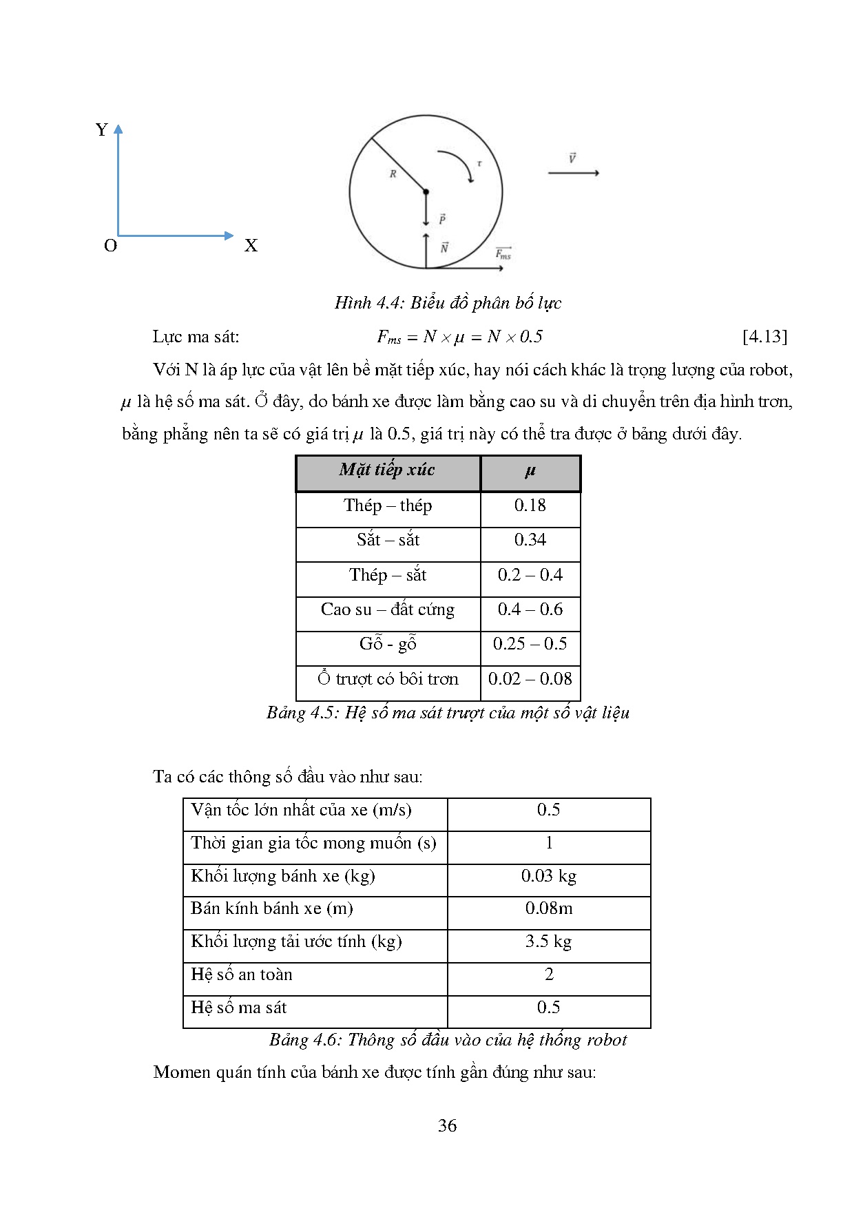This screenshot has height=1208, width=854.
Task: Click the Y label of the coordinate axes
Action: pos(102,130)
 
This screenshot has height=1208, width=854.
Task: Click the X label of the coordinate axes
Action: pos(251,246)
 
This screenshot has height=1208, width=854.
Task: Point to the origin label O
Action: pos(110,246)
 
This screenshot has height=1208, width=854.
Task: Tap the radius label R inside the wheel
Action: pos(393,174)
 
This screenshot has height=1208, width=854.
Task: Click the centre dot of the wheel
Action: pos(426,191)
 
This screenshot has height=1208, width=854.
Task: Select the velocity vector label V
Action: pos(572,158)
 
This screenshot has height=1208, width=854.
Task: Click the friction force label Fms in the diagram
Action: pos(503,253)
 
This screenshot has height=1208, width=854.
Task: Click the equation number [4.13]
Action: pos(764,337)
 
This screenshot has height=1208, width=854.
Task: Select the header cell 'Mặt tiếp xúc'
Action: pos(387,470)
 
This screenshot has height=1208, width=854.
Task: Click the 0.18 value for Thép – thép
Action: pos(530,506)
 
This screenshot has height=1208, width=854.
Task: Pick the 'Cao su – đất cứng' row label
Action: pos(387,610)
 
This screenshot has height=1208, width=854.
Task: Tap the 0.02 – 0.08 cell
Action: pos(530,679)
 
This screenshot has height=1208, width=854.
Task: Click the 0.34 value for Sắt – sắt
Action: pos(530,540)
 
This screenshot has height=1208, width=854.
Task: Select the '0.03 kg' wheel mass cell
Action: pos(548,876)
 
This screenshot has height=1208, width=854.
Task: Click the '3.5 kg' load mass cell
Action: pos(548,941)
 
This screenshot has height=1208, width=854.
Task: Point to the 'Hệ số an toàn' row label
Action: pos(242,975)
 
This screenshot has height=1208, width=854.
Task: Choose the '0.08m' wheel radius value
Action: pos(548,908)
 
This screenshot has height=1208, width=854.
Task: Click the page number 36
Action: pos(447,1126)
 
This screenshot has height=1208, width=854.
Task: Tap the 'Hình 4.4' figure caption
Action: pos(448,303)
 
